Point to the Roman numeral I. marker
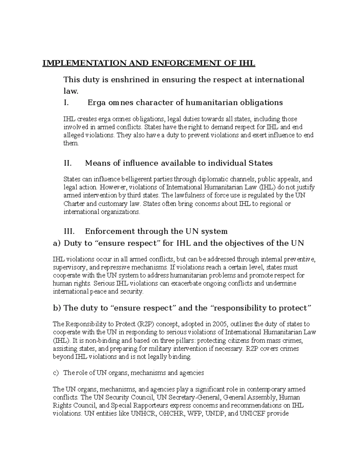66,103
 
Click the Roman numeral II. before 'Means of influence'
68,163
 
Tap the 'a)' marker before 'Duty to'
57,243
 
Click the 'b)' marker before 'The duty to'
57,308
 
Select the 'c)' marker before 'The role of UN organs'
55,373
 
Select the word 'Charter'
73,204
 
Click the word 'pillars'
183,341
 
